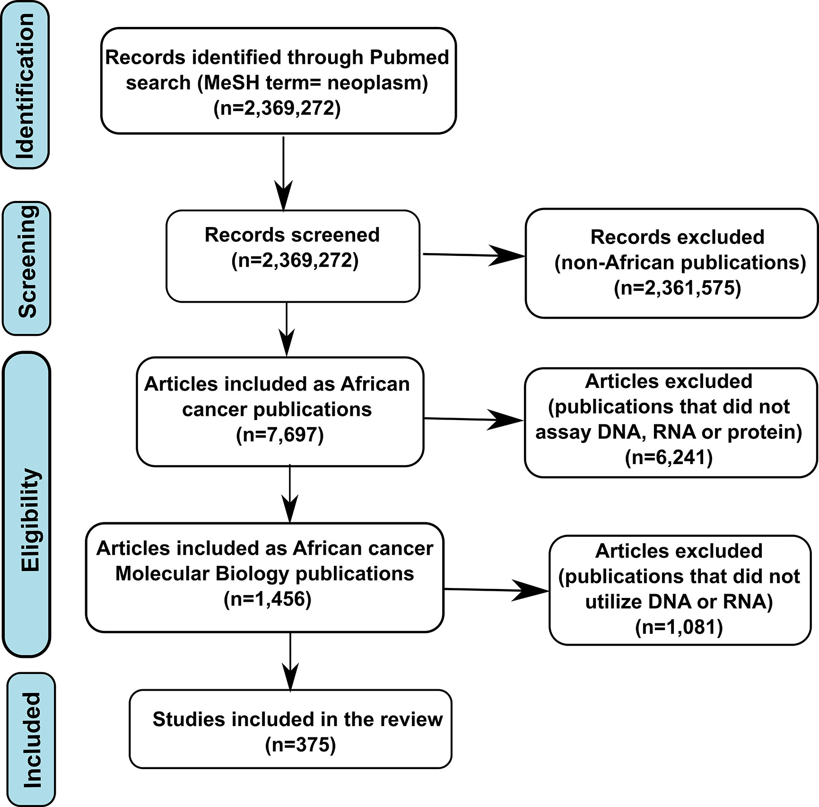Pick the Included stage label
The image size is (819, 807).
[32, 739]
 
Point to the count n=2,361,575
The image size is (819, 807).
[678, 288]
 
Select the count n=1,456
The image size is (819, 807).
[268, 599]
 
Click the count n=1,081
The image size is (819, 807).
[679, 627]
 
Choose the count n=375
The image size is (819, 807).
[301, 745]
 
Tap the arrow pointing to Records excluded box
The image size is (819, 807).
[473, 256]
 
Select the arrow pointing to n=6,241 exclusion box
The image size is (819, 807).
[474, 420]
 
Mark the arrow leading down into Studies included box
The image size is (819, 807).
[290, 662]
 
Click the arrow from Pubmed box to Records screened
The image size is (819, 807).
[283, 174]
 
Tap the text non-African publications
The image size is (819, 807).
[680, 263]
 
